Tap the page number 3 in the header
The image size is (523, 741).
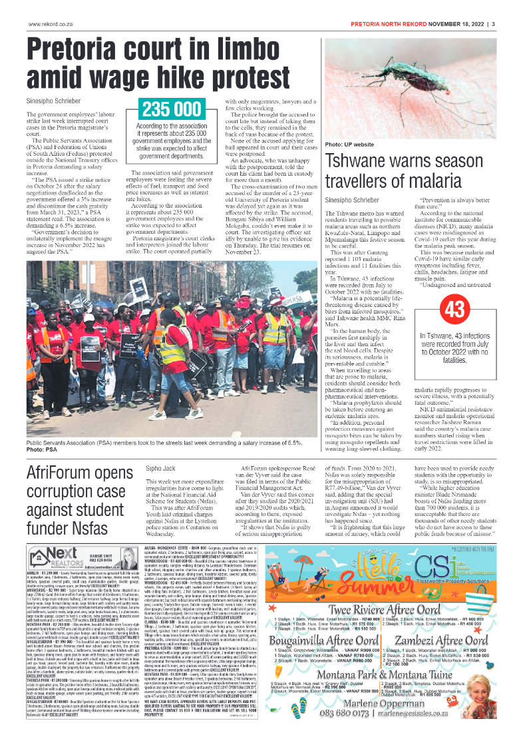click(x=493, y=25)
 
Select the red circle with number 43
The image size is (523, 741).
click(x=436, y=309)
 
